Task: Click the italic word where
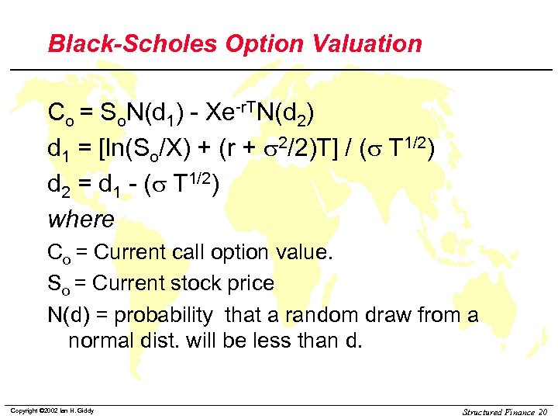[x=81, y=220]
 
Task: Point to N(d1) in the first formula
[x=159, y=115]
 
